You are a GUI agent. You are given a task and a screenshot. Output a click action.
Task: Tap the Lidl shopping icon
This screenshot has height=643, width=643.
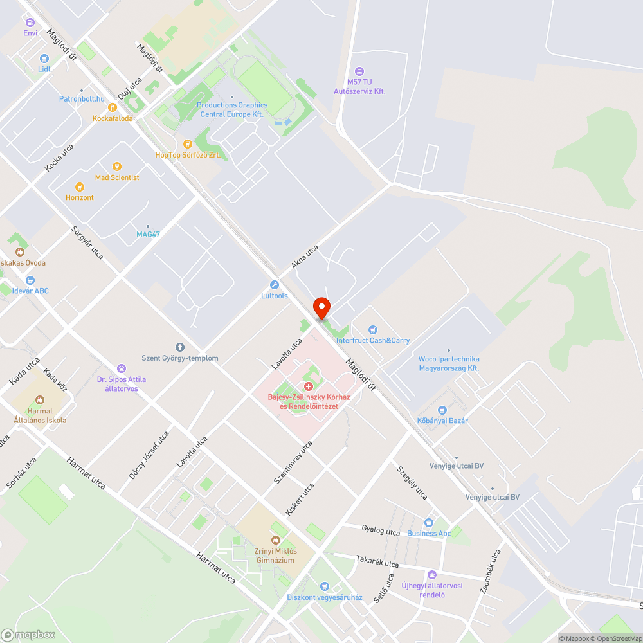[x=44, y=58]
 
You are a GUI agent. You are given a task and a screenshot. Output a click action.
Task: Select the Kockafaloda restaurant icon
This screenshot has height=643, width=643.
[x=112, y=107]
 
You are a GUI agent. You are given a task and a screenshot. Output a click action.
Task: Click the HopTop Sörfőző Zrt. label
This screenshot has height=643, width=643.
[x=192, y=155]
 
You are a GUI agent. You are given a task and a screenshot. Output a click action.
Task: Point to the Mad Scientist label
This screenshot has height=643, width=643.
[x=117, y=177]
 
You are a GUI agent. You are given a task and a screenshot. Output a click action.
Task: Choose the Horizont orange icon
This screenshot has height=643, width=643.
[x=79, y=186]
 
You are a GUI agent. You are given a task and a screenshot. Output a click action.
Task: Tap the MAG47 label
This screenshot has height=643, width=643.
[x=148, y=234]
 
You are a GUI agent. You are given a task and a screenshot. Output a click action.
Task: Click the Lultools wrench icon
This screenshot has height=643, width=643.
[x=275, y=285]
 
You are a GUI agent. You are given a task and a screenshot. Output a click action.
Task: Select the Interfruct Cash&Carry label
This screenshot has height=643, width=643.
[x=372, y=340]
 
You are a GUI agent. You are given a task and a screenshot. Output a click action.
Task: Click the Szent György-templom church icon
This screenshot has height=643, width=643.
[x=180, y=347]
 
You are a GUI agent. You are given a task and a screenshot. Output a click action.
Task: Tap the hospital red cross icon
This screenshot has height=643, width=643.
[x=309, y=386]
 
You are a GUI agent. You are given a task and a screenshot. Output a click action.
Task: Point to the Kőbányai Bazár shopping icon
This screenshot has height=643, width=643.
[x=442, y=410]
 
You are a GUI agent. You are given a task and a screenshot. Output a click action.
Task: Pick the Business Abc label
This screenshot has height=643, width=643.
[x=429, y=534]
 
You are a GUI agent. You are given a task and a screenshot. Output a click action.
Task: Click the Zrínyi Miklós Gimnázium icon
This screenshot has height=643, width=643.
[x=276, y=540]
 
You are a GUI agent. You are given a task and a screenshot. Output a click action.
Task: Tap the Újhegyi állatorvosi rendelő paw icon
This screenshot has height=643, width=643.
[x=432, y=574]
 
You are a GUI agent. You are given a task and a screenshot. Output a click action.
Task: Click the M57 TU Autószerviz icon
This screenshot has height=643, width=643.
[x=359, y=71]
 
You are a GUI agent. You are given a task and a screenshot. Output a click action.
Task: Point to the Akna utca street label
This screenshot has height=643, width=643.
[x=305, y=256]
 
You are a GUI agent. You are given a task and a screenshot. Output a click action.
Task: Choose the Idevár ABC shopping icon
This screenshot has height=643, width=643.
[x=30, y=280]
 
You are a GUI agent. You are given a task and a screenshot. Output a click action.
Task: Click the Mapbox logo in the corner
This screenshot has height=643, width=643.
[x=28, y=635]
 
